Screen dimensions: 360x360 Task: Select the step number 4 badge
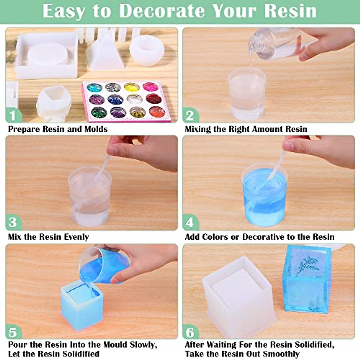click(190, 223)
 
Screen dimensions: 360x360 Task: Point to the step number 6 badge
click(190, 332)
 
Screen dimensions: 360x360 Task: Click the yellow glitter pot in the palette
click(130, 87)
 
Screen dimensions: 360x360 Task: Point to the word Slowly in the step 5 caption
click(141, 345)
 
